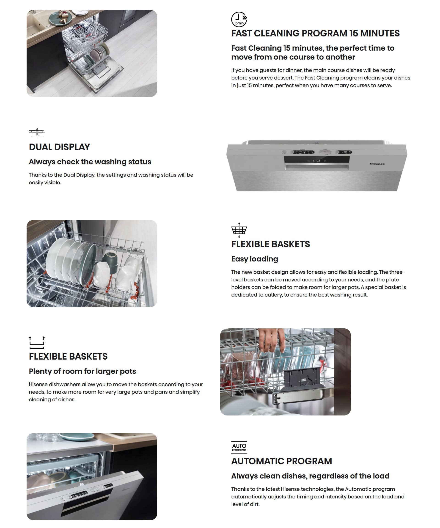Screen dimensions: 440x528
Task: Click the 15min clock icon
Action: pos(239,19)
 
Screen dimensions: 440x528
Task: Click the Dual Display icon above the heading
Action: pos(37,133)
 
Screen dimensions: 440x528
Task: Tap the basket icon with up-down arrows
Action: pos(239,230)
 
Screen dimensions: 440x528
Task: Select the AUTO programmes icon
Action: pos(239,447)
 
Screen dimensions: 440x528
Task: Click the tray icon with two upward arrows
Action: pos(37,342)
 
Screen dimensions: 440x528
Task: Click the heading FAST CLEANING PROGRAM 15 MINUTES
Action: pos(315,33)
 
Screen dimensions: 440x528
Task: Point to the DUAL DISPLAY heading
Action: pos(59,147)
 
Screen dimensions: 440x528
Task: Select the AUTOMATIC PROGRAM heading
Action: pos(282,461)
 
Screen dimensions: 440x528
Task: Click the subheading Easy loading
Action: pos(254,259)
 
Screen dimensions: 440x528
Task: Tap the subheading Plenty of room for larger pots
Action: pos(82,371)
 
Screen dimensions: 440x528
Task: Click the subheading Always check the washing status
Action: pos(90,162)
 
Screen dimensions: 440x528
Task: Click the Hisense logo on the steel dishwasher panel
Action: pos(377,164)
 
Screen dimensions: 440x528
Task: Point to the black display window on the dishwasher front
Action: pos(317,160)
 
